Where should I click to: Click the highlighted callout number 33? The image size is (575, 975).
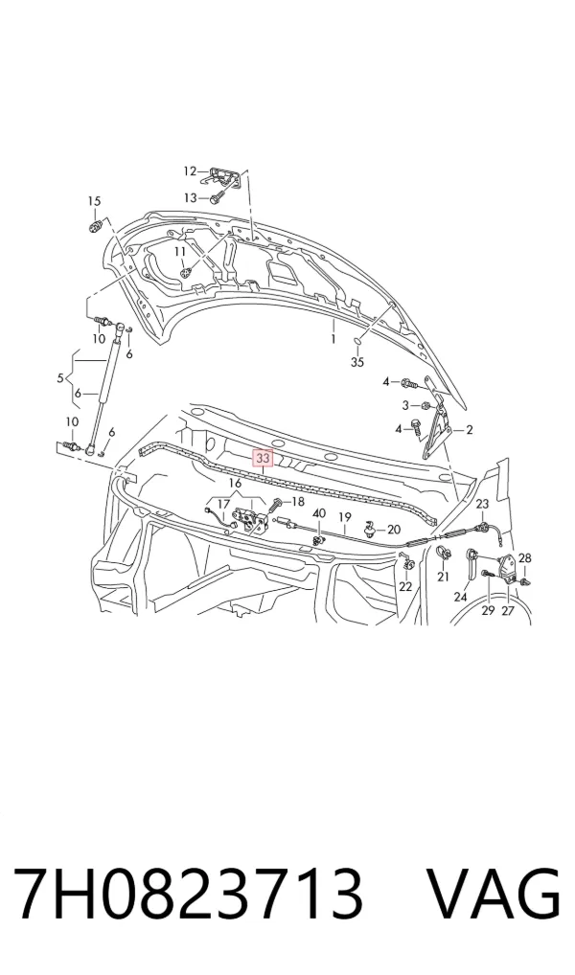(x=262, y=459)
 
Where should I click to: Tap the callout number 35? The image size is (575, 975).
(x=357, y=362)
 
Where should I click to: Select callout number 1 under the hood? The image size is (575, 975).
(x=333, y=339)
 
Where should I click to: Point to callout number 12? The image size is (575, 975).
(x=190, y=171)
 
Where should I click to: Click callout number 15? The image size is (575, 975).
(x=93, y=201)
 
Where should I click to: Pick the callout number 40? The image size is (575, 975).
(x=318, y=513)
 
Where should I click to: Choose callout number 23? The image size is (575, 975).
(x=483, y=505)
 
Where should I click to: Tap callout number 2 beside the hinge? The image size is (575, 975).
(x=470, y=429)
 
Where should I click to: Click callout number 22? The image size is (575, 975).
(x=405, y=586)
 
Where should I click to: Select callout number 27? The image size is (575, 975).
(x=508, y=611)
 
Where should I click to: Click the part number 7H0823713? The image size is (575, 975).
(x=187, y=892)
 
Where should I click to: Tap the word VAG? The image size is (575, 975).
(x=493, y=892)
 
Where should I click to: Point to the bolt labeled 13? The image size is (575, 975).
(x=218, y=198)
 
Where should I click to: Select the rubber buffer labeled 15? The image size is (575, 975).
(x=95, y=226)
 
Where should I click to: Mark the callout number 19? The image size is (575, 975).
(x=345, y=517)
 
